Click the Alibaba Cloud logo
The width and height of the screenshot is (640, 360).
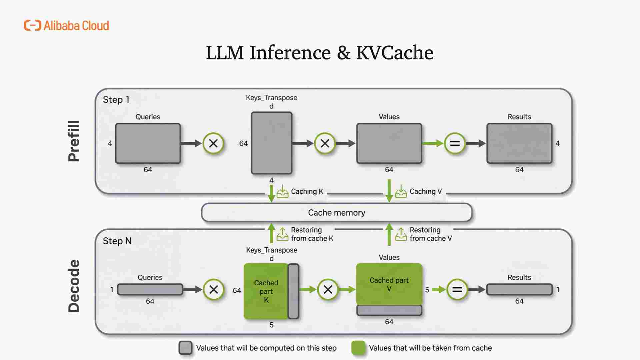point(66,26)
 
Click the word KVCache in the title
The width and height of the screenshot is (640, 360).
point(395,53)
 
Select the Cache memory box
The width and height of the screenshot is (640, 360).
point(336,213)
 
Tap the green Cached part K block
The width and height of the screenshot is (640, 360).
point(266,291)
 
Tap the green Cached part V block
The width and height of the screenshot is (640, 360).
point(389,284)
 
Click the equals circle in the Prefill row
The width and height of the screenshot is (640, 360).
point(455,144)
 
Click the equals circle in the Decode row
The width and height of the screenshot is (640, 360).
point(457,289)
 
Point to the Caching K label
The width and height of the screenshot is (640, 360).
point(307,191)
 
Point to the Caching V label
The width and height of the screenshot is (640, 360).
point(425,191)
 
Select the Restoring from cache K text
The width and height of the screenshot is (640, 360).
point(312,234)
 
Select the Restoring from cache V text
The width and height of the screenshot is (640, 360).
point(430,234)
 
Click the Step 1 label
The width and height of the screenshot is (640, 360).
point(116,100)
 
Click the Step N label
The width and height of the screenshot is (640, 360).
point(117,241)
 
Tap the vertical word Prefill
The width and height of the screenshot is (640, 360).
point(74,141)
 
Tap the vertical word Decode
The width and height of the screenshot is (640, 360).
point(74,286)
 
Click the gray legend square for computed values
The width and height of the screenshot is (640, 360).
point(185,348)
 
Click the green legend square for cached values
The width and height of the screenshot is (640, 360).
point(358,348)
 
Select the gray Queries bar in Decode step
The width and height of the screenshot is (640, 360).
point(150,289)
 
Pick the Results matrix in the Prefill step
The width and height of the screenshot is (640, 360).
point(519,143)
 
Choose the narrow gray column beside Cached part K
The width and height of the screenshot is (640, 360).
point(293,291)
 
